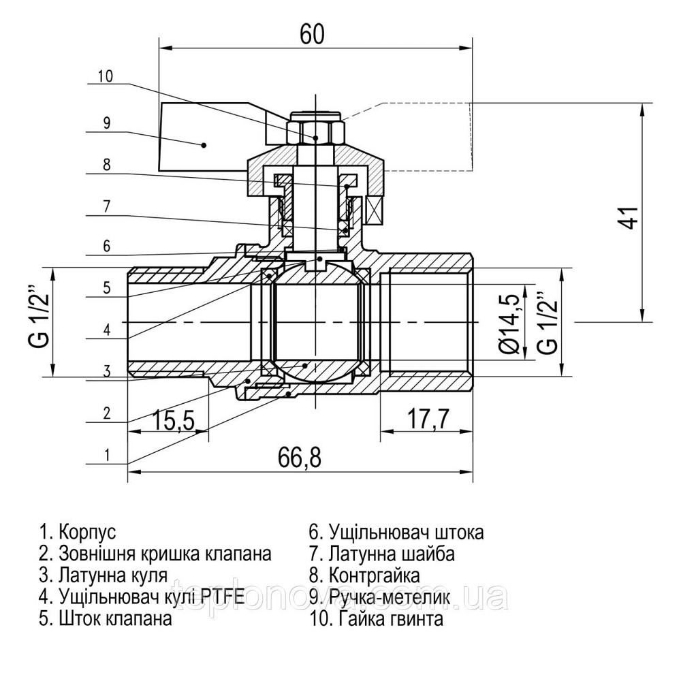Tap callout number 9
click(106, 123)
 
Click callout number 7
click(106, 205)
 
